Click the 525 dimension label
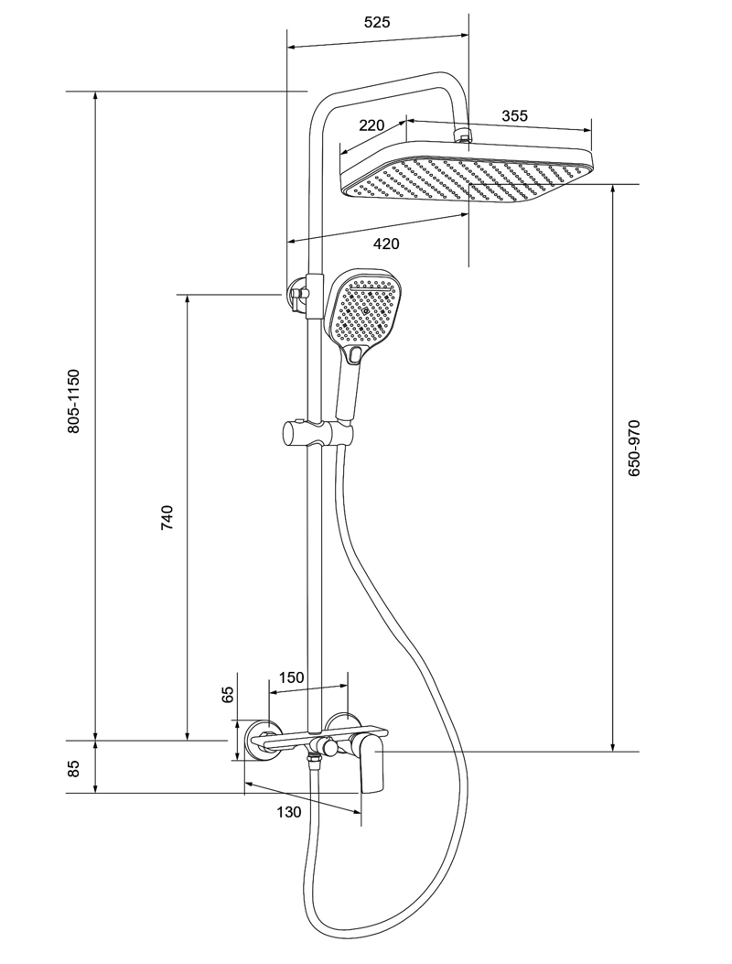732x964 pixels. [x=377, y=22]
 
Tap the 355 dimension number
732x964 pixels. [x=514, y=115]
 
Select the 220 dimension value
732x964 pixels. [x=371, y=125]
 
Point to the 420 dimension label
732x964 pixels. [x=386, y=244]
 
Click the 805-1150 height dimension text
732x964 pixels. [x=74, y=401]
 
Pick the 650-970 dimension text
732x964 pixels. [x=634, y=448]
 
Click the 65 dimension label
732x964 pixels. [x=228, y=694]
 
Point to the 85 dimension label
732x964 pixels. [x=74, y=768]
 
